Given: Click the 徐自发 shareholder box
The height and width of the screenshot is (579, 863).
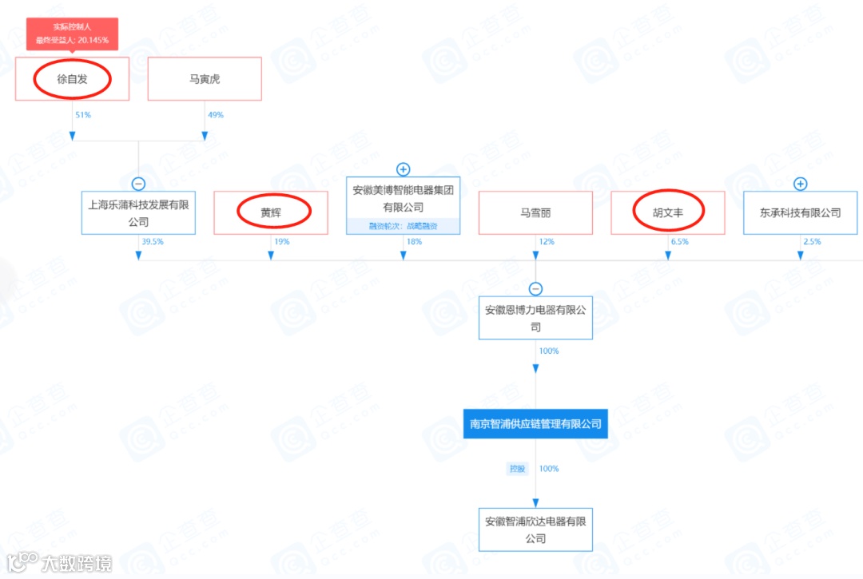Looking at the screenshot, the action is point(72,79).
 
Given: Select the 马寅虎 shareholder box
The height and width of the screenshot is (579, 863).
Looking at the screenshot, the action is point(205,79).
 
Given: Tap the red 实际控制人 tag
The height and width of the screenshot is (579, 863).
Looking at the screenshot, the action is point(72,34).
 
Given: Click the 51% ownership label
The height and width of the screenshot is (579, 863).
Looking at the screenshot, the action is point(83,115).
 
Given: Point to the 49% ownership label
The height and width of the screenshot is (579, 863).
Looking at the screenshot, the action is point(215,115).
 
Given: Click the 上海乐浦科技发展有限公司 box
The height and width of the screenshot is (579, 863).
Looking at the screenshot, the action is point(138,212).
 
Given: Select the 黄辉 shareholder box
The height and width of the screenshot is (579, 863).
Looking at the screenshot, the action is point(271,212).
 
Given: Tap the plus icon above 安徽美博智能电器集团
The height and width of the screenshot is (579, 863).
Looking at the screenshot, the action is point(404,169).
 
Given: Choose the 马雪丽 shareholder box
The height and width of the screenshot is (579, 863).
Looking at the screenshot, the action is point(535,212).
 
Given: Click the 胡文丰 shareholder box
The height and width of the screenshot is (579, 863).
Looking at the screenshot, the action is point(668,212).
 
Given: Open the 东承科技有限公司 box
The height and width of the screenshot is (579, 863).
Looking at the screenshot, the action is point(801,212).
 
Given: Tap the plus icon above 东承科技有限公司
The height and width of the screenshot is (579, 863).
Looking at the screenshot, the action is point(801,184).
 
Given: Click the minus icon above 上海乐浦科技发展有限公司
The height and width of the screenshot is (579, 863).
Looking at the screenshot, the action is point(138,183).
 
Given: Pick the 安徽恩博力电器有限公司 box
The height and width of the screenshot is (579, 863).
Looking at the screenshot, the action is point(535,318).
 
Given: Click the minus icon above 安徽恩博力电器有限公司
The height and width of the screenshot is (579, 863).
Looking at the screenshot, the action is point(535,289).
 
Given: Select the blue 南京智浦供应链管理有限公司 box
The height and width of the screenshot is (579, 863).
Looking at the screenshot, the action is point(535,424).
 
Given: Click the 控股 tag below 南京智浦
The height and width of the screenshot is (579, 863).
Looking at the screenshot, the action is point(519,469).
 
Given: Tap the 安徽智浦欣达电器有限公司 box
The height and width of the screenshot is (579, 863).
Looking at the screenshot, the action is point(535,529).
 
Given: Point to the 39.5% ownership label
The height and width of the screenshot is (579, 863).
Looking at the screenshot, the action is point(152,241).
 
